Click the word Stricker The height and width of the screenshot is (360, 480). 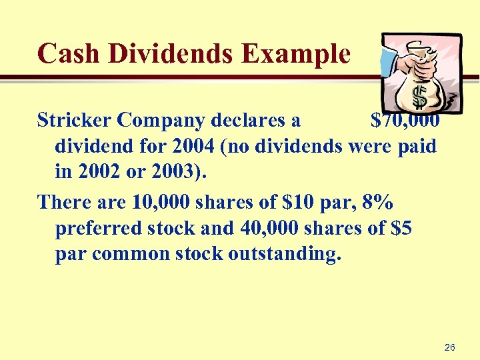tap(74, 121)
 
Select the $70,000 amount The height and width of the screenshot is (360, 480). tap(404, 121)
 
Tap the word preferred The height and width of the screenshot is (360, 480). tap(100, 228)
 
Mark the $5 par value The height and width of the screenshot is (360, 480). tap(399, 228)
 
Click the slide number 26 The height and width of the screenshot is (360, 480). tap(449, 347)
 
